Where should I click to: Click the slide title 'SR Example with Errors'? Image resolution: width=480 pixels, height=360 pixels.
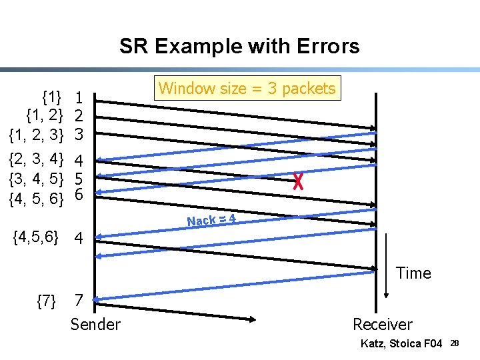tap(239, 46)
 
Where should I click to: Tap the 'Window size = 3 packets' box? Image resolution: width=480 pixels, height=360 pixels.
tap(247, 88)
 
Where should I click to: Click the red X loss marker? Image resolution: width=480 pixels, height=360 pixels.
tap(298, 181)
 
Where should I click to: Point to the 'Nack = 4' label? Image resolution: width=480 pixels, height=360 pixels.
tap(211, 219)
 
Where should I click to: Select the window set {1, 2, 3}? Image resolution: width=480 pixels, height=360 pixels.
tap(36, 135)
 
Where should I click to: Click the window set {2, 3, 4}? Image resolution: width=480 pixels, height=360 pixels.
tap(36, 160)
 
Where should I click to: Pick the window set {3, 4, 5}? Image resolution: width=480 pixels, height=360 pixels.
tap(36, 178)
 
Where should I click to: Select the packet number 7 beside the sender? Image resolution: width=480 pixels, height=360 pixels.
tap(79, 301)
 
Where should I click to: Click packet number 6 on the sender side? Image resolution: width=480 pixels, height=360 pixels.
tap(79, 195)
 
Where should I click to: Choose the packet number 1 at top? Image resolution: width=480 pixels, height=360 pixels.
tap(79, 99)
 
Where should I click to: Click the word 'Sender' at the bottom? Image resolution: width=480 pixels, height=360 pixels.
tap(95, 325)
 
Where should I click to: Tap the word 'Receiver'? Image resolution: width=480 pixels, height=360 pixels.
tap(382, 325)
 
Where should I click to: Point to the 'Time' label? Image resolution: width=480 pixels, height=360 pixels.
tap(413, 273)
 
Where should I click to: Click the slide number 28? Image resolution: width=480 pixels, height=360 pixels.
tap(454, 343)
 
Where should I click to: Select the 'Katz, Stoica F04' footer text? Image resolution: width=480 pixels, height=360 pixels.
tap(401, 343)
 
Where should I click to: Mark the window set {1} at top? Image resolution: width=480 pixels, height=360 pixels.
tap(52, 97)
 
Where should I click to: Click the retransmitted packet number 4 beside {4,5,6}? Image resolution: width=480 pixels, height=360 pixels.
tap(79, 237)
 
